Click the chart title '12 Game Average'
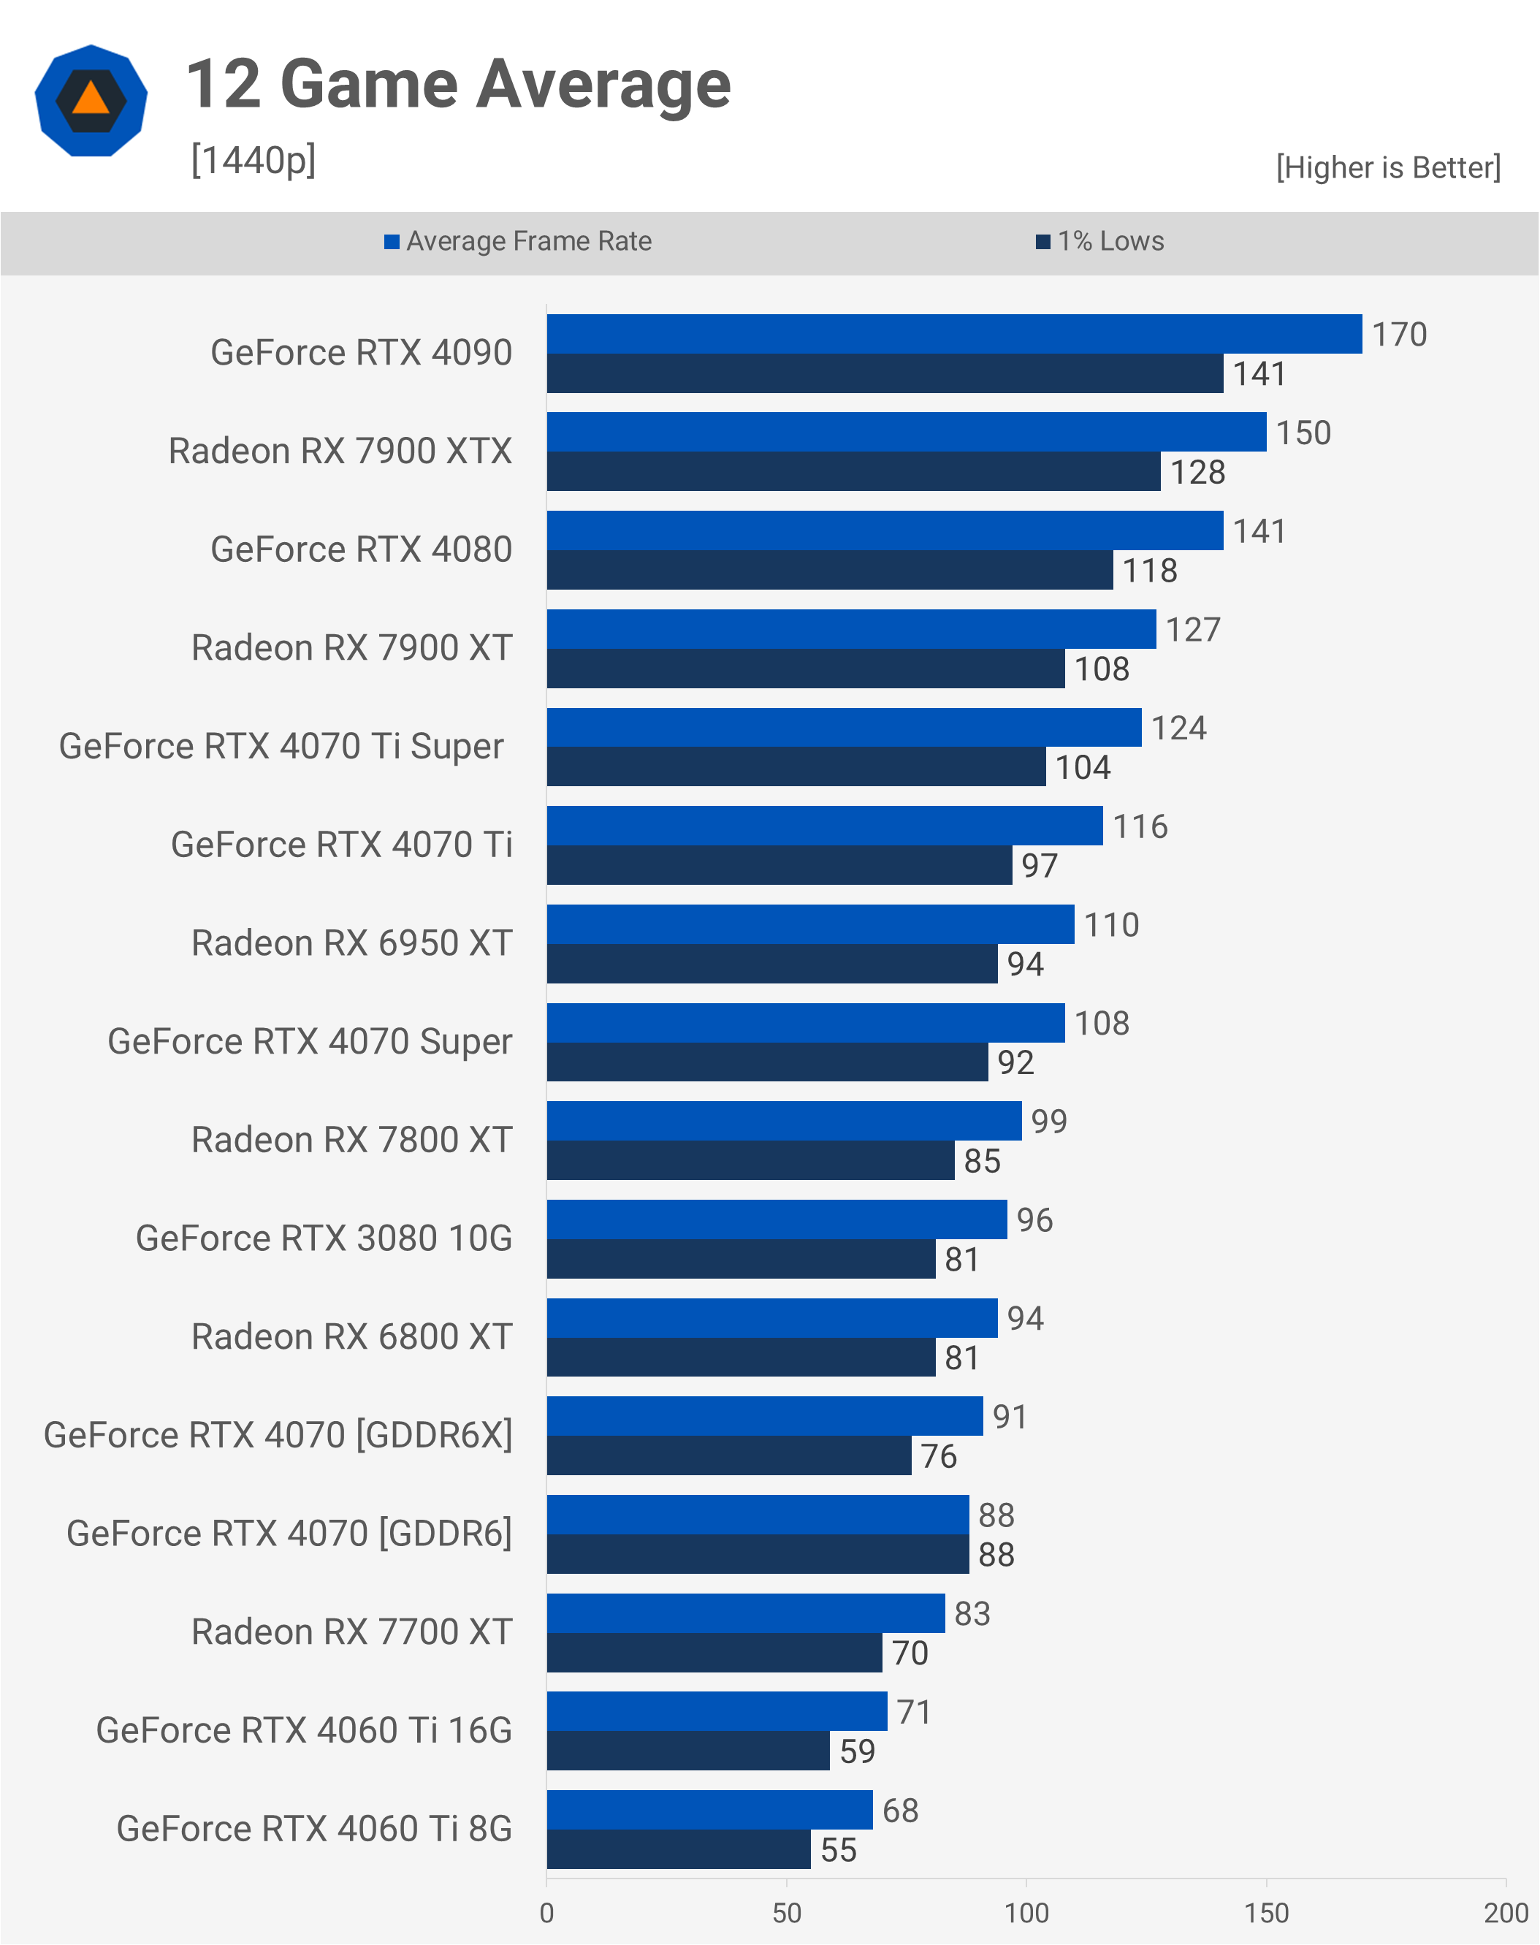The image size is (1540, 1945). tap(458, 85)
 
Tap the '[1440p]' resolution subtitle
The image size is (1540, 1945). tap(254, 161)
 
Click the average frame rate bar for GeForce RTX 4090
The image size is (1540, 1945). tap(953, 334)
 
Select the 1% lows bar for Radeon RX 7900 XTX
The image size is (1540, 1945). tap(853, 471)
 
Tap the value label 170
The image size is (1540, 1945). tap(1398, 335)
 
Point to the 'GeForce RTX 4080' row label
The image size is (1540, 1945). tap(361, 549)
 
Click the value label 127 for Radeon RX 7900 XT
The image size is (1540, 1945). tap(1192, 629)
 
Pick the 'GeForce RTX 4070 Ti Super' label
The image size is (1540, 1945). tap(281, 747)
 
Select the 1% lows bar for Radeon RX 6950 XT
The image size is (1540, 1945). tap(771, 964)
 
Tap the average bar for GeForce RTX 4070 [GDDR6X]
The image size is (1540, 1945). tap(765, 1416)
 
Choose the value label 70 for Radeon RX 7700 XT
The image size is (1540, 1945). tap(910, 1653)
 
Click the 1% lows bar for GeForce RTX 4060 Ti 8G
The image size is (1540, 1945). tap(678, 1849)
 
